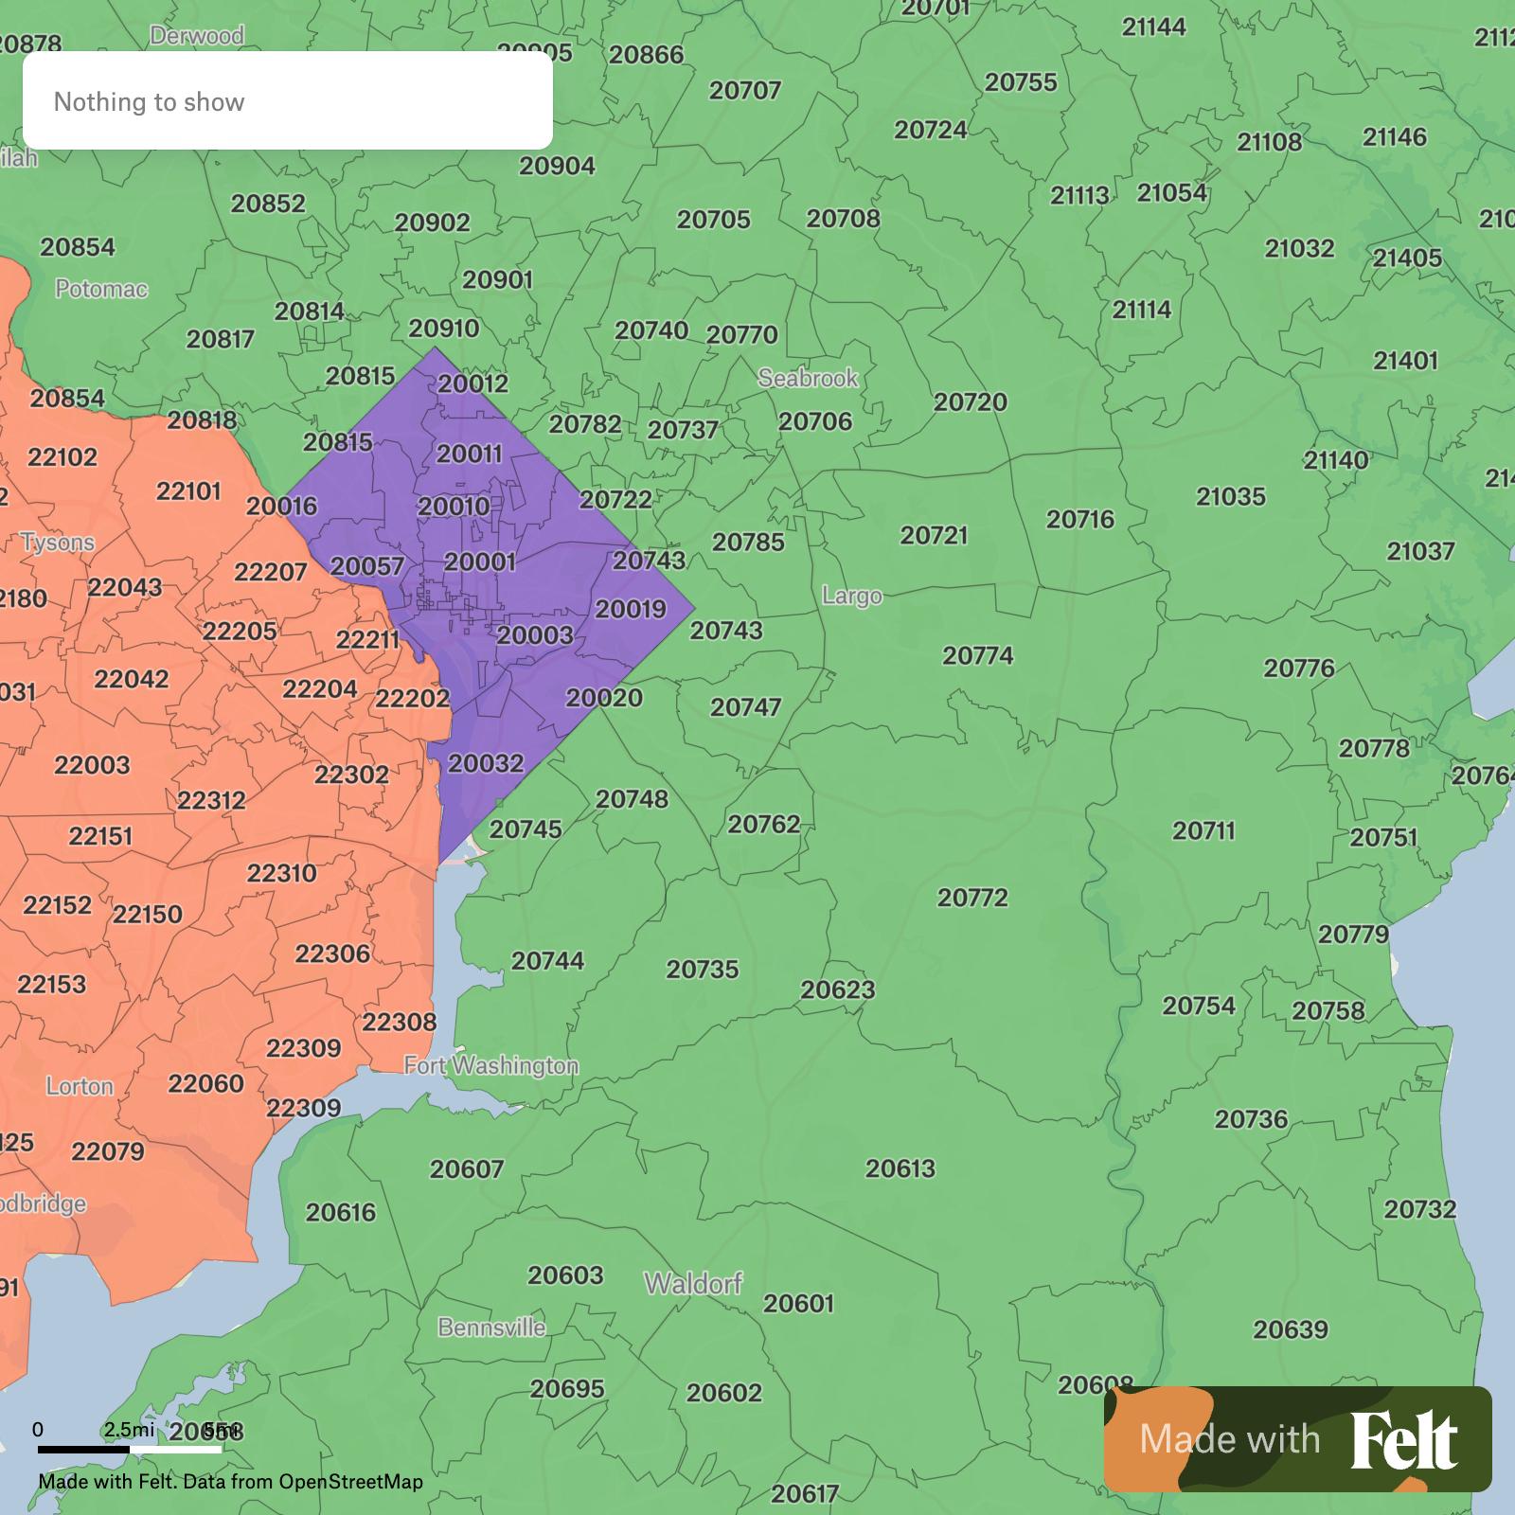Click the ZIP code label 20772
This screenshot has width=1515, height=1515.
click(x=972, y=898)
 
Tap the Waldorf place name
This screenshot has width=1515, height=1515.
click(x=693, y=1284)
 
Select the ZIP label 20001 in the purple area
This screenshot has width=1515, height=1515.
click(x=480, y=561)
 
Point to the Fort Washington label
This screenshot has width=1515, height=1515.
click(x=490, y=1066)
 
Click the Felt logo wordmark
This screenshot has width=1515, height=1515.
click(x=1403, y=1439)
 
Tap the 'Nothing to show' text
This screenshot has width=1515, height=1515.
click(x=149, y=102)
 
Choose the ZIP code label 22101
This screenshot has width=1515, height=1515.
click(x=188, y=491)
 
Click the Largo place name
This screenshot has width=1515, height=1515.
click(x=851, y=596)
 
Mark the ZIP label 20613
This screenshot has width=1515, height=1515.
click(x=900, y=1168)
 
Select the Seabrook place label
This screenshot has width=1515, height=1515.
click(x=808, y=378)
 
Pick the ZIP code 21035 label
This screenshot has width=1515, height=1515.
click(x=1230, y=496)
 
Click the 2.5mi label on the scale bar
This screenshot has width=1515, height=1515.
click(x=129, y=1429)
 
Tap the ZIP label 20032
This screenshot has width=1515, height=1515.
click(x=485, y=763)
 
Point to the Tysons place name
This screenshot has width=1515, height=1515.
click(x=58, y=543)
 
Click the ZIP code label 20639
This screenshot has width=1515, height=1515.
click(x=1291, y=1329)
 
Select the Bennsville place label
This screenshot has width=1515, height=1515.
click(x=491, y=1328)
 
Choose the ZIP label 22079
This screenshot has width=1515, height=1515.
click(x=108, y=1151)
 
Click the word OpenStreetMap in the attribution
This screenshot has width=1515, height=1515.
click(x=350, y=1481)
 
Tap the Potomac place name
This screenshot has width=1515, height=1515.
click(x=101, y=289)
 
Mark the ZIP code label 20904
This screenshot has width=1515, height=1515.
click(x=557, y=166)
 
